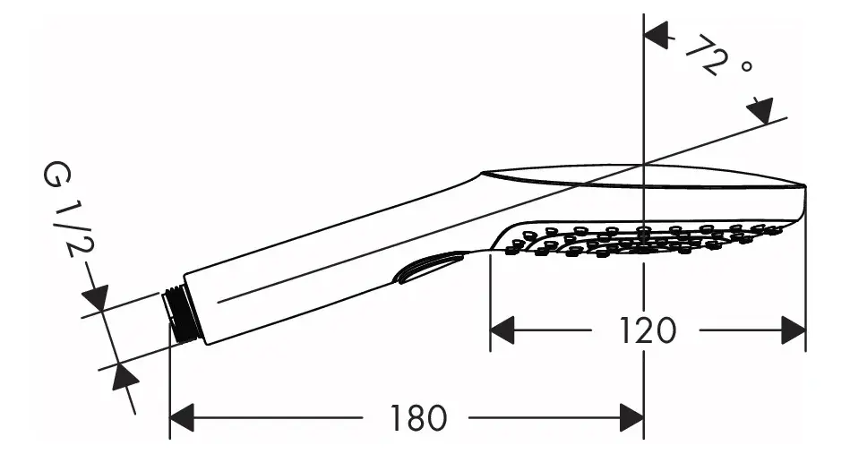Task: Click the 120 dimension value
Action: coord(647,330)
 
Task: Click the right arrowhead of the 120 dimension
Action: coord(793,330)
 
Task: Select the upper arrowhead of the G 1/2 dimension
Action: coord(96,297)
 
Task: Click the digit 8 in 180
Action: coord(418,416)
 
